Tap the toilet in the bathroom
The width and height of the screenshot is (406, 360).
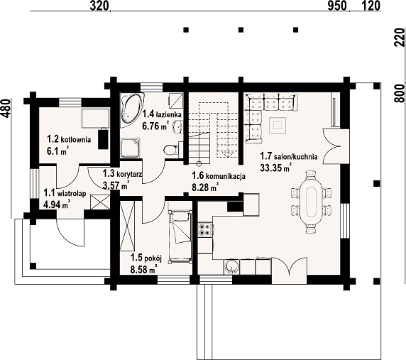pos(171,150)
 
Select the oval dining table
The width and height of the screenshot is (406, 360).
pos(311,202)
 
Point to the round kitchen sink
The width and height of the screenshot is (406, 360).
pos(231,267)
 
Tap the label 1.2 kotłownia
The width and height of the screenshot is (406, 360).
pos(69,139)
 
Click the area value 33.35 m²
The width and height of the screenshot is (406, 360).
pos(276,168)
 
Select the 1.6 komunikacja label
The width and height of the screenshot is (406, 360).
pos(219,176)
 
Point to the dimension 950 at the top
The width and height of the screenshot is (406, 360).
pos(337,6)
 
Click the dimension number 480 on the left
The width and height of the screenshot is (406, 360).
pos(7,109)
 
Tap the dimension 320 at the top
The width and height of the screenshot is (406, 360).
pos(99,6)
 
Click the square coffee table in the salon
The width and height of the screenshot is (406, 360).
pos(278,125)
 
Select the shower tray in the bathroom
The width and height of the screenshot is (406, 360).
pos(130,148)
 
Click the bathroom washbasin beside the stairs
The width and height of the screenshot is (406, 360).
pos(178,127)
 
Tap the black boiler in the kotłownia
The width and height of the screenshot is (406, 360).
pos(104,138)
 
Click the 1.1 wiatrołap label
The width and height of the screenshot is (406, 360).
pos(65,193)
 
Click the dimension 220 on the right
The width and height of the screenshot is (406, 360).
pos(400,37)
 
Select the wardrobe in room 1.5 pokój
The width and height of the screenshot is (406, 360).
pos(127,226)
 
